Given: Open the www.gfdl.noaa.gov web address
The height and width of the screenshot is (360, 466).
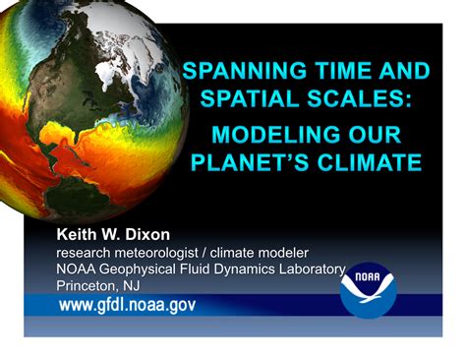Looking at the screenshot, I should [x=128, y=306].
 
